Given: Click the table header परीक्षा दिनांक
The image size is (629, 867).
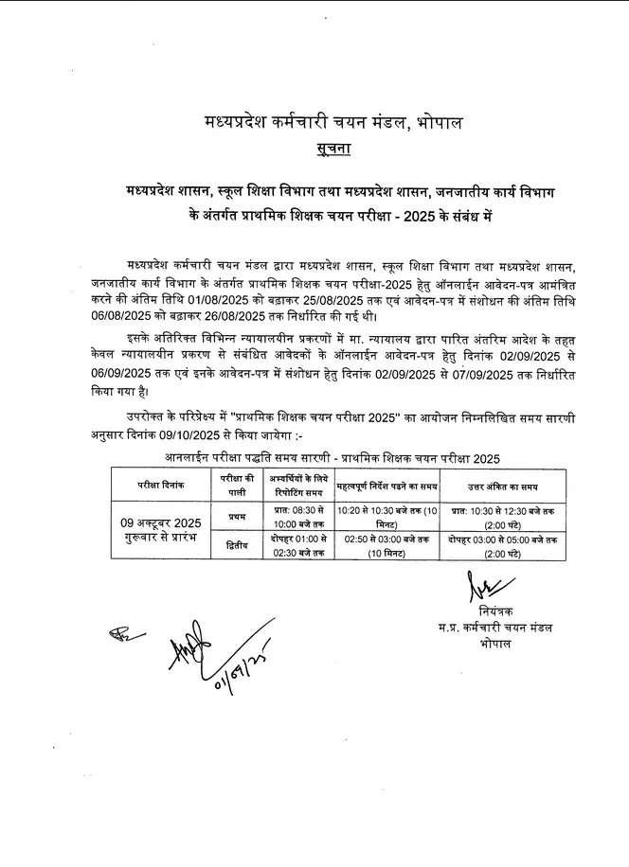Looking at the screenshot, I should click(x=159, y=485).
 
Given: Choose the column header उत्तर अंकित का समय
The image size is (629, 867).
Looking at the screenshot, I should click(x=502, y=486).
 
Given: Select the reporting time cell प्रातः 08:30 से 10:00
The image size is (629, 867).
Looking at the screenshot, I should click(x=296, y=517).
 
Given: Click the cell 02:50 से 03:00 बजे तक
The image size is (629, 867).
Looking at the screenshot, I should click(x=387, y=540).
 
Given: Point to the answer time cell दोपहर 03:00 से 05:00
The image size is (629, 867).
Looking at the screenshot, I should click(x=502, y=540).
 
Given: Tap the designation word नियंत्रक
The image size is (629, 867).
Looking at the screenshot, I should click(x=496, y=611).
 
